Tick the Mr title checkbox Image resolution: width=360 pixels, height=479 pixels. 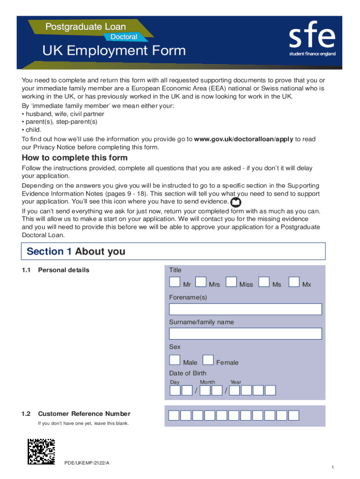click(174, 282)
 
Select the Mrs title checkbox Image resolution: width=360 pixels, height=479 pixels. click(201, 282)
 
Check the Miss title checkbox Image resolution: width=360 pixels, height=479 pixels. click(231, 282)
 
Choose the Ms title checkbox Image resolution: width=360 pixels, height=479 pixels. click(264, 282)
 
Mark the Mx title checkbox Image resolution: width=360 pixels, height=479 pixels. click(294, 282)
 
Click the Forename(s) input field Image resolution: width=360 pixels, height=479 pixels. click(245, 309)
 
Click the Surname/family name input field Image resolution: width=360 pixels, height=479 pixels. click(245, 334)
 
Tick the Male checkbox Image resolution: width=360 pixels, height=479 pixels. click(174, 360)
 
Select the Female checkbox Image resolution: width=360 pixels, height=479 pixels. click(208, 360)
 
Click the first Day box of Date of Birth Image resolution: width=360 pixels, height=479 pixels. click(175, 390)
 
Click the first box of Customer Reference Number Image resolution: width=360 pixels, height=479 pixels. click(173, 415)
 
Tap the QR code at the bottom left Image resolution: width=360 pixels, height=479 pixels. click(42, 451)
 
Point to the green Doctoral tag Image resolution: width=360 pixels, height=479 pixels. click(124, 36)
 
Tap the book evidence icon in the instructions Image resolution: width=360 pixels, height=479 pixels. click(236, 202)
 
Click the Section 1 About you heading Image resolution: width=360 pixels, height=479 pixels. click(76, 251)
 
